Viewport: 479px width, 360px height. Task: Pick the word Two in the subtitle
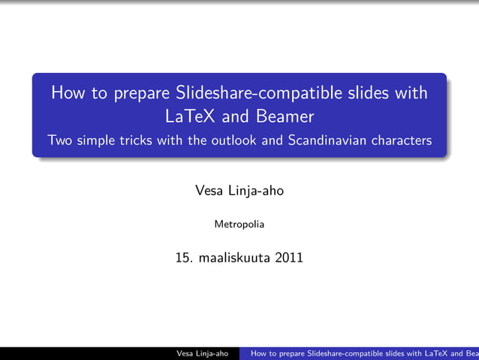pyautogui.click(x=59, y=141)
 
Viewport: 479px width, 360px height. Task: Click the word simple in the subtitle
pyautogui.click(x=96, y=141)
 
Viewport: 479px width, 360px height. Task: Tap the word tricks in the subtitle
pyautogui.click(x=136, y=141)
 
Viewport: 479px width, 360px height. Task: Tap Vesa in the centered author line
pyautogui.click(x=211, y=191)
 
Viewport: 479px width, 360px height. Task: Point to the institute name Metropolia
pyautogui.click(x=239, y=224)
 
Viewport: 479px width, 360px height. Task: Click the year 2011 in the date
pyautogui.click(x=290, y=258)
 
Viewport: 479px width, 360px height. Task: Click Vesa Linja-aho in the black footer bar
pyautogui.click(x=202, y=353)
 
